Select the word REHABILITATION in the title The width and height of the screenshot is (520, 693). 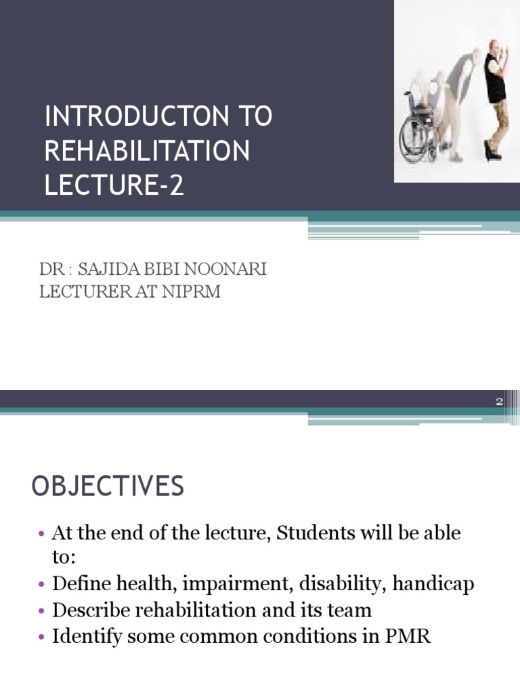tap(147, 152)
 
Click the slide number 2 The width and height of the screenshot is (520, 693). tap(500, 402)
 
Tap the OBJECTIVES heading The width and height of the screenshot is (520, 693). tap(108, 487)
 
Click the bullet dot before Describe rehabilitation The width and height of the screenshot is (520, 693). tap(41, 611)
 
